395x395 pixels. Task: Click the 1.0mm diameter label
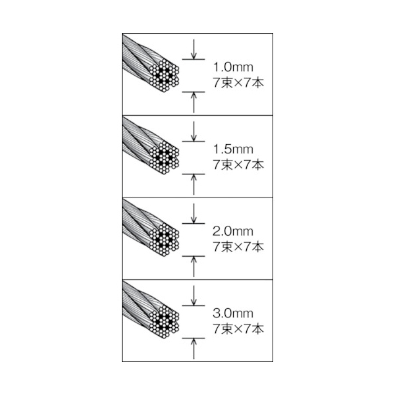tap(233, 67)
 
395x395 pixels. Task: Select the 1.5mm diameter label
tap(233, 149)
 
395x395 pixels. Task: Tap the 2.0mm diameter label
tap(233, 232)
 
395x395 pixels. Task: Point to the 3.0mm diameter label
tap(233, 313)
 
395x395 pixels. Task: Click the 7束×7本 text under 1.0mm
tap(238, 83)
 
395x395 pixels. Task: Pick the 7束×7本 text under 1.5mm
tap(238, 165)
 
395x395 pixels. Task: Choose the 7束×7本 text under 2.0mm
tap(238, 247)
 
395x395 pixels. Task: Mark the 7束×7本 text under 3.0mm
tap(238, 329)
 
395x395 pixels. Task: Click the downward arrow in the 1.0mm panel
tap(194, 49)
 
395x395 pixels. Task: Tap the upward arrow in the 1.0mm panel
tap(194, 102)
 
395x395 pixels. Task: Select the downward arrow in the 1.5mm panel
tap(194, 131)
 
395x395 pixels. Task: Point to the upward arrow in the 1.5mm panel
tap(194, 184)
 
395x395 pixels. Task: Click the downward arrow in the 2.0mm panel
tap(194, 213)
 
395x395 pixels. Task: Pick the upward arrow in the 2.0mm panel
tap(194, 267)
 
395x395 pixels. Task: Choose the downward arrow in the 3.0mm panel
tap(194, 296)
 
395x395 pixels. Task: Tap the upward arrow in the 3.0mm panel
tap(194, 349)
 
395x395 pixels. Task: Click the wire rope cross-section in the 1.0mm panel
tap(164, 75)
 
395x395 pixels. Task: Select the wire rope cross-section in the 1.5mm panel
tap(164, 157)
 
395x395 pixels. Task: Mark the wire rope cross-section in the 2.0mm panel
tap(164, 240)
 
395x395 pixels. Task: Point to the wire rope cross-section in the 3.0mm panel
tap(164, 322)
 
